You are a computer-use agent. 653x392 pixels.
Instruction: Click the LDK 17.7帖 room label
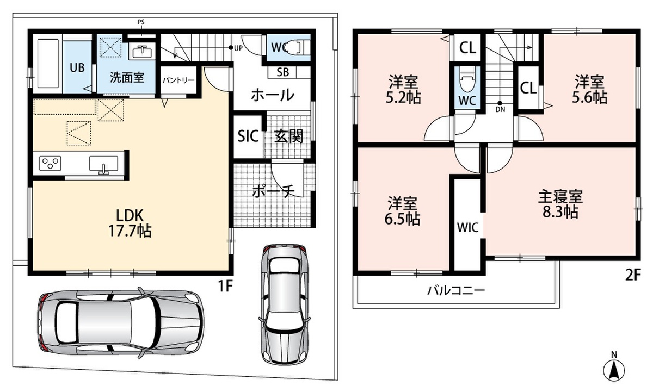tap(130, 223)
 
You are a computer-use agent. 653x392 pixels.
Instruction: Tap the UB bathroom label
tap(77, 68)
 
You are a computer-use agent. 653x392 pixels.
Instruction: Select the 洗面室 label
tap(127, 78)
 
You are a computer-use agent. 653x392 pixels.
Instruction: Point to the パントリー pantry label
tap(178, 80)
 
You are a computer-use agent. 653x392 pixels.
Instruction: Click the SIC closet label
tap(248, 136)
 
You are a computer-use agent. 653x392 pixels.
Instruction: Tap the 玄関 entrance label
tap(289, 136)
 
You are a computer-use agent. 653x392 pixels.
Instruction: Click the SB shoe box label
tap(282, 72)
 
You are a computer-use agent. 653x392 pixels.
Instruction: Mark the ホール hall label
tap(273, 95)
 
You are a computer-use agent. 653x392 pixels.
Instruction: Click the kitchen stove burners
tap(51, 164)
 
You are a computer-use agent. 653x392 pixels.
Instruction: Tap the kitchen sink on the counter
tap(103, 165)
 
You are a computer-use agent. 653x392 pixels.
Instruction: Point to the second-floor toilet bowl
tap(467, 79)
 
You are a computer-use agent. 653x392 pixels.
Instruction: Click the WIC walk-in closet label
tap(467, 228)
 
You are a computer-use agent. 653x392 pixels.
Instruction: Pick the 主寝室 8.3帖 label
tap(560, 204)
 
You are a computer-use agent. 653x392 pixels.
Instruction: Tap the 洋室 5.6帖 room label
tap(589, 90)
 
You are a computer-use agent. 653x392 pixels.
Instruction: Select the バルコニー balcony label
tap(455, 290)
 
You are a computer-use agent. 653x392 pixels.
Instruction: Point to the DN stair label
tap(500, 109)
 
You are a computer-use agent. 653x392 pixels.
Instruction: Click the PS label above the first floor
tap(141, 22)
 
